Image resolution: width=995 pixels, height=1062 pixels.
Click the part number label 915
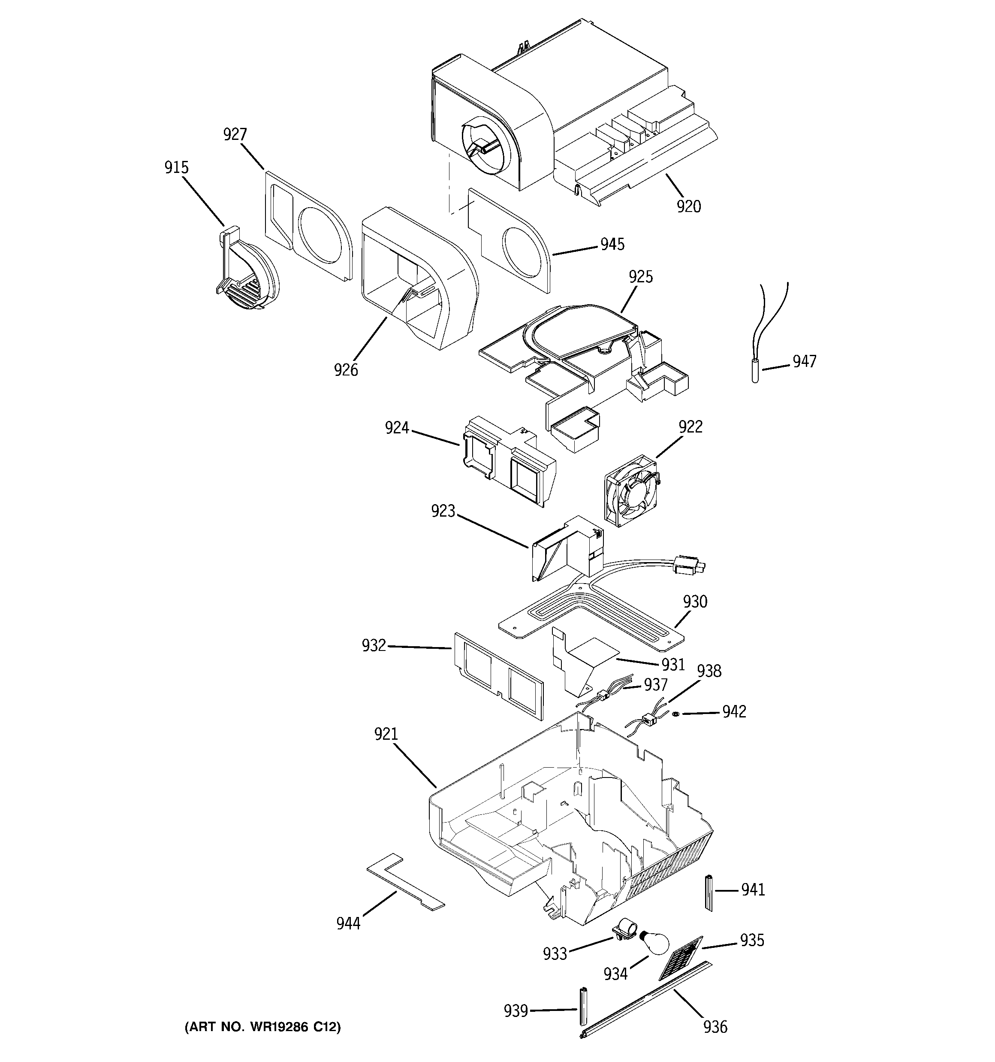click(x=176, y=168)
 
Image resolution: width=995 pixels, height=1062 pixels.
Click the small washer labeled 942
click(x=675, y=714)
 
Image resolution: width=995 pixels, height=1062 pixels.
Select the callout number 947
click(x=804, y=362)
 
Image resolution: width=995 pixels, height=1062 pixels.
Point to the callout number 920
click(x=688, y=206)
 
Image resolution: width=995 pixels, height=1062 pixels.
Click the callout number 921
click(x=386, y=734)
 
